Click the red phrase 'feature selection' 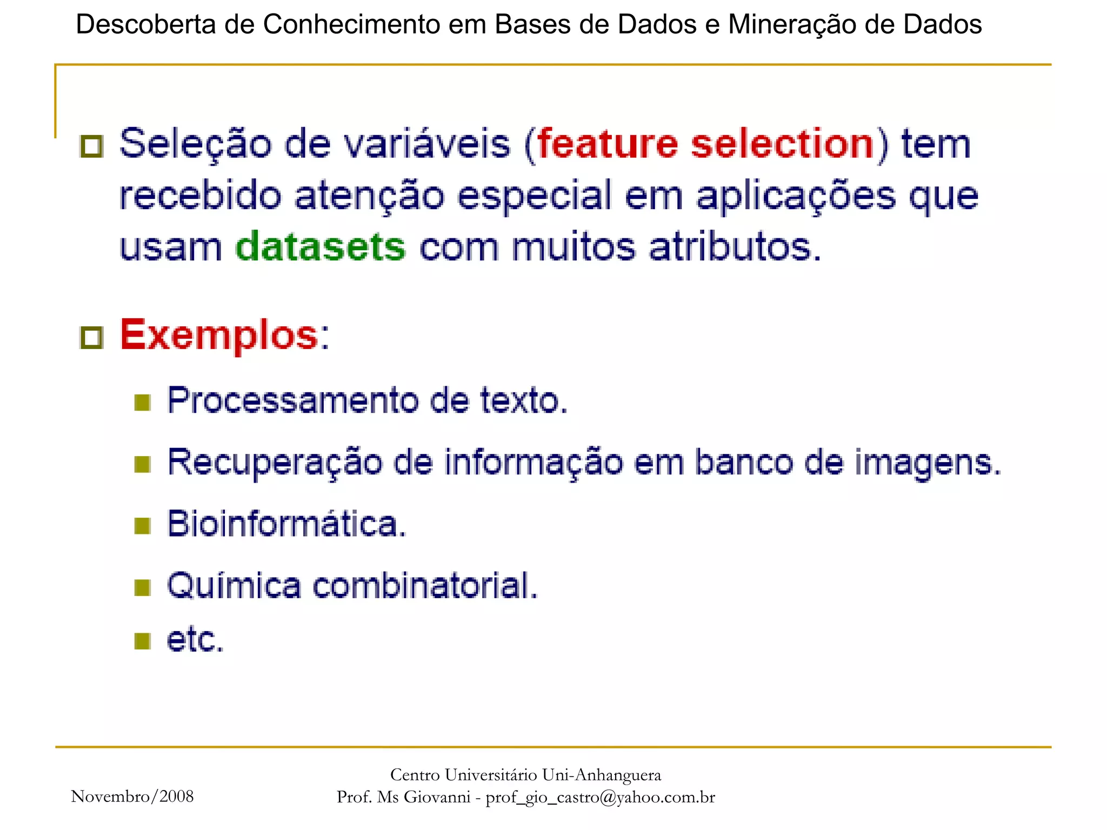pos(705,144)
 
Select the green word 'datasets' pos(321,247)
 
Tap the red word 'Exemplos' pos(219,335)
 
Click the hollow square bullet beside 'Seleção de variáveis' pos(91,146)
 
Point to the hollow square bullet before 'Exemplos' pos(91,337)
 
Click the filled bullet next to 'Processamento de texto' pos(142,402)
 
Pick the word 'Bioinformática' pos(286,524)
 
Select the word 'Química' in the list pos(234,586)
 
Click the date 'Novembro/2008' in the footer pos(132,796)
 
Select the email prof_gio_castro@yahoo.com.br pos(600,797)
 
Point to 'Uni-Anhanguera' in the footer pos(601,775)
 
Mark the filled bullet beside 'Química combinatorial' pos(142,587)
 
